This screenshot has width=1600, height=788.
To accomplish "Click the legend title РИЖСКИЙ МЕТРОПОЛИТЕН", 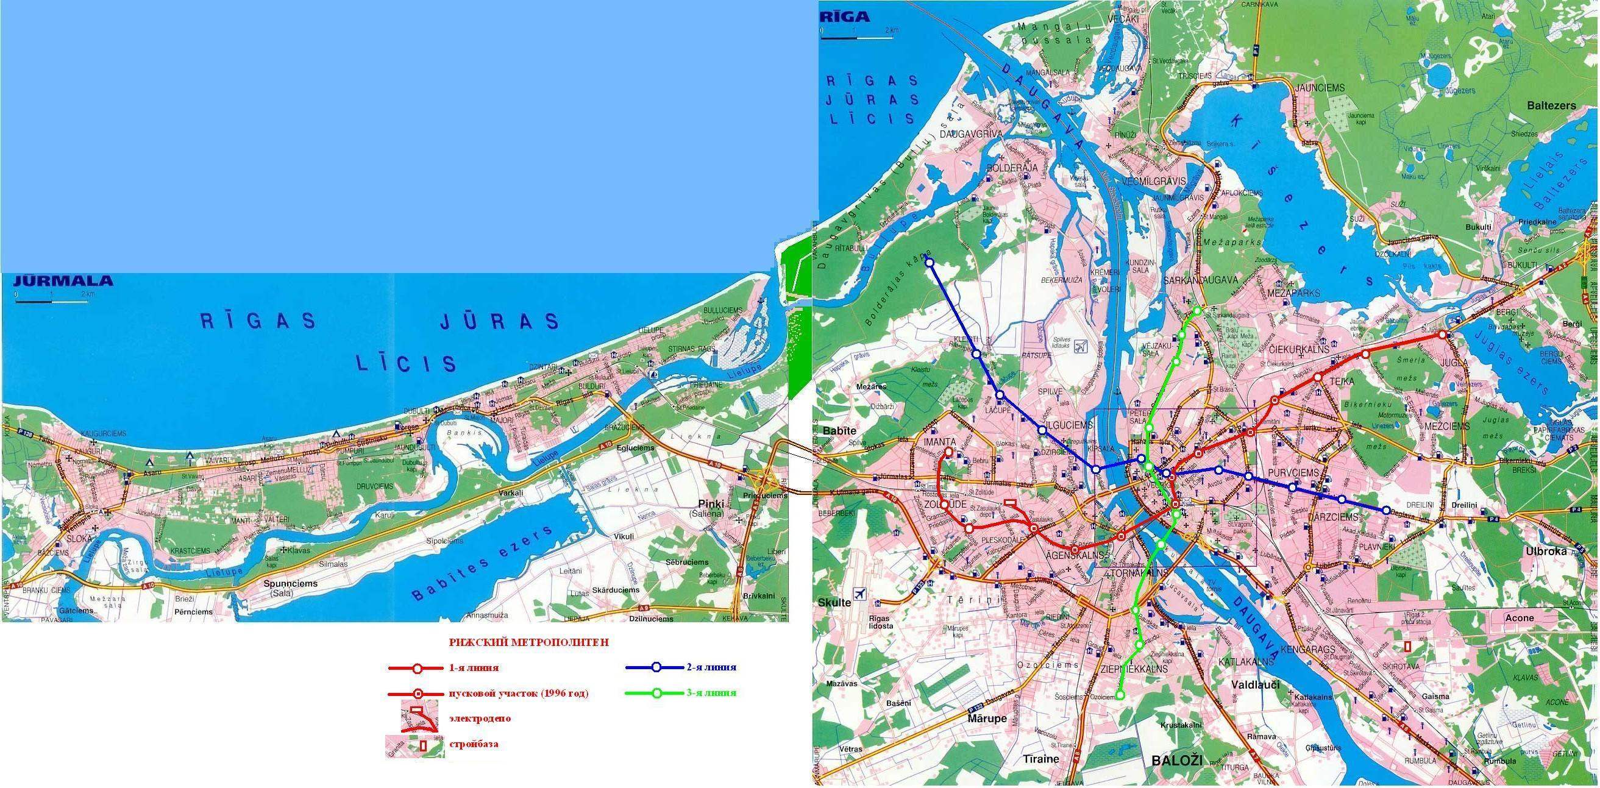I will (x=528, y=643).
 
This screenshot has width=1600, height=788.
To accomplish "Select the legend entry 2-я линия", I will (x=712, y=668).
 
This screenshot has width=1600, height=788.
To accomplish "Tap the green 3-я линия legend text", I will (x=712, y=694).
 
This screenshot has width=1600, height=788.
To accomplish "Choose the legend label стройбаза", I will (x=473, y=744).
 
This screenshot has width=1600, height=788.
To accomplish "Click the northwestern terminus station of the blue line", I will (x=930, y=263).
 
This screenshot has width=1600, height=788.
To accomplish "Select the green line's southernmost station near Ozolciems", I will (x=1120, y=695).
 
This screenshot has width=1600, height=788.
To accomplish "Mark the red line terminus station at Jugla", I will (x=1442, y=335).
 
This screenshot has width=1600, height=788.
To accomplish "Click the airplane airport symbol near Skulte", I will (x=859, y=594).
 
